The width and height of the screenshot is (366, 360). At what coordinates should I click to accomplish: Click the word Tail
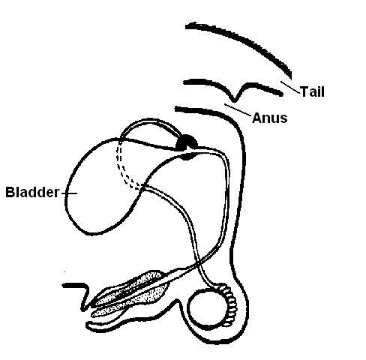click(312, 91)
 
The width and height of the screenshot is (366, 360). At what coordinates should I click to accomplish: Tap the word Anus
click(270, 118)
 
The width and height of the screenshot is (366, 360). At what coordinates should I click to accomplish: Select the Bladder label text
click(32, 192)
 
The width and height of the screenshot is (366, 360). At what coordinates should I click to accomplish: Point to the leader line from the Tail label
click(290, 87)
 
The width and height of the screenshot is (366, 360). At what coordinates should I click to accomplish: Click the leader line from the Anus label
click(238, 109)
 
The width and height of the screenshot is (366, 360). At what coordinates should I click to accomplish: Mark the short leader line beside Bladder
click(69, 193)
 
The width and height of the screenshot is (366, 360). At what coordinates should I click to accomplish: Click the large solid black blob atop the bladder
click(187, 142)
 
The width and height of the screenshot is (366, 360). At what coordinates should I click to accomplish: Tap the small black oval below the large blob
click(188, 157)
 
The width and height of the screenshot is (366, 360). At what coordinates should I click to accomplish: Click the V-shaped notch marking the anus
click(234, 100)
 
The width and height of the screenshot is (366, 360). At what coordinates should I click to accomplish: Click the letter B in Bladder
click(10, 192)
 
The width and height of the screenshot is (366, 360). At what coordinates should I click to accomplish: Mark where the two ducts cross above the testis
click(198, 263)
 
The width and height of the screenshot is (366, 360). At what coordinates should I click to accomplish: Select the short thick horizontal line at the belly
click(73, 285)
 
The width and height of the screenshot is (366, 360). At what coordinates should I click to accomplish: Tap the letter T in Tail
click(304, 91)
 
